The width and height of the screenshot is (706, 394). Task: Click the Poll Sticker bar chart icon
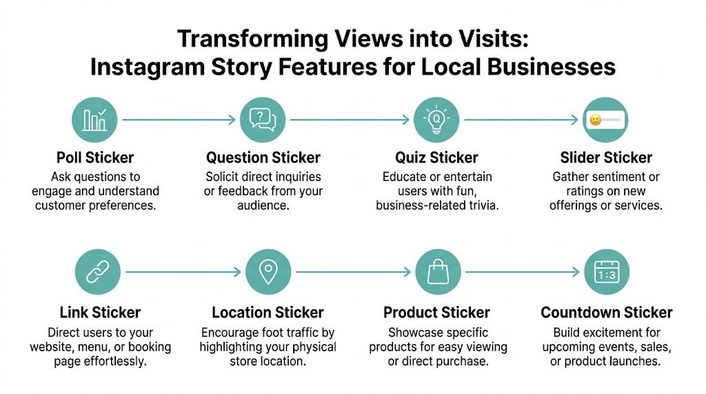(94, 120)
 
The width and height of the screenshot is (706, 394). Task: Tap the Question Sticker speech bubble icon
(262, 120)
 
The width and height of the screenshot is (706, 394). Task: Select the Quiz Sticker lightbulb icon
(436, 120)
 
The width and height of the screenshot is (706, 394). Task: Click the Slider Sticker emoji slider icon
(605, 120)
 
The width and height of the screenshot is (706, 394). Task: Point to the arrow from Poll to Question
(178, 120)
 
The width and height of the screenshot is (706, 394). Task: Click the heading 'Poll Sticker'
(96, 158)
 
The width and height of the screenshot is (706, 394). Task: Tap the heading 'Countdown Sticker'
(607, 313)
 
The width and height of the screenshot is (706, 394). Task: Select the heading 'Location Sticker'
(268, 313)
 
